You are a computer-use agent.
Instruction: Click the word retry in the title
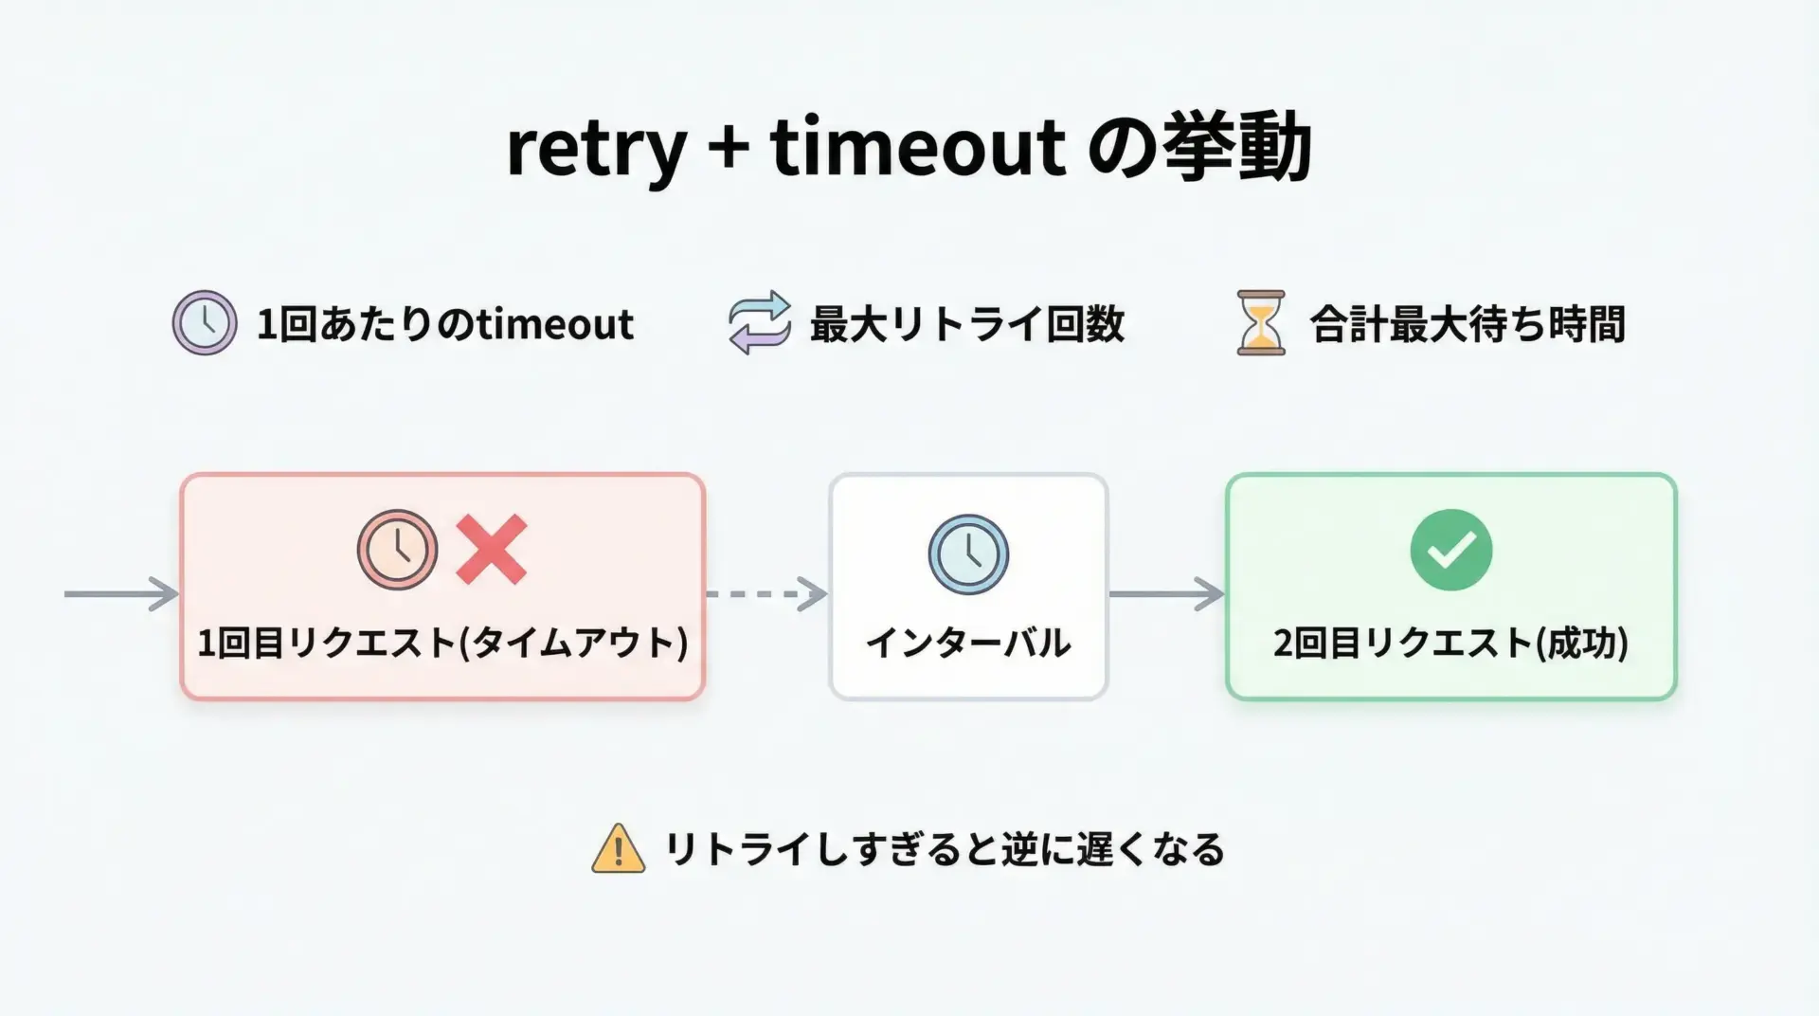[x=596, y=151]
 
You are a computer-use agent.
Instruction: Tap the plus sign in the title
[x=728, y=148]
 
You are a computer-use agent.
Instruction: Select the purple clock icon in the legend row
[x=205, y=322]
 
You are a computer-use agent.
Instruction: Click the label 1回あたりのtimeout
[x=445, y=324]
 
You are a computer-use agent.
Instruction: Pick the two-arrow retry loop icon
[x=760, y=322]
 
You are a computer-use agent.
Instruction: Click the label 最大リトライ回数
[x=967, y=324]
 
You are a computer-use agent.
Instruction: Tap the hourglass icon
[x=1261, y=323]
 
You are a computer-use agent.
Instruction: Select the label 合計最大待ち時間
[x=1468, y=324]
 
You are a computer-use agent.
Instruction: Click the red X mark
[x=492, y=550]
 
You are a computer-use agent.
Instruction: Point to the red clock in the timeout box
[x=397, y=550]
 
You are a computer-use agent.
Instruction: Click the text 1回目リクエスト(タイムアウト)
[x=442, y=643]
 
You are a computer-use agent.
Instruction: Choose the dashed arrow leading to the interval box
[x=767, y=594]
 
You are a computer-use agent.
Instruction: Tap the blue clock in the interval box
[x=968, y=554]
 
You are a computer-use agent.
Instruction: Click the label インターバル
[x=968, y=643]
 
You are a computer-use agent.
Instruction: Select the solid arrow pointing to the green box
[x=1167, y=594]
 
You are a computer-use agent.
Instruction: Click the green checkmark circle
[x=1451, y=550]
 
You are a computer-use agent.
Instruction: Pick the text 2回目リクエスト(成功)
[x=1451, y=643]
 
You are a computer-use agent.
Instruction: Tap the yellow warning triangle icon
[x=619, y=847]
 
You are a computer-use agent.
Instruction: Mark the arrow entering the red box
[x=121, y=594]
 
